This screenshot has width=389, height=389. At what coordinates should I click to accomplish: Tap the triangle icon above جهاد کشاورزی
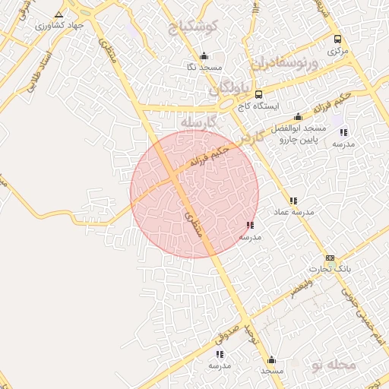tap(59, 14)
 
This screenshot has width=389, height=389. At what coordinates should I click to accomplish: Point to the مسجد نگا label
tap(204, 67)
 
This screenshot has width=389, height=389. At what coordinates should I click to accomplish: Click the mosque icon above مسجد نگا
tap(204, 55)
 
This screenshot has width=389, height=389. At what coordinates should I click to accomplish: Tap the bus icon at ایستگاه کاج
tap(259, 95)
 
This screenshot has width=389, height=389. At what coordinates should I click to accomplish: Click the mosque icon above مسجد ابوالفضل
tap(298, 116)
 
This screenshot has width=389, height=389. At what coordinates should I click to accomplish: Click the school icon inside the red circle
tap(250, 225)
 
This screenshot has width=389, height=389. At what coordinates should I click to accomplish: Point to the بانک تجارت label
tap(330, 269)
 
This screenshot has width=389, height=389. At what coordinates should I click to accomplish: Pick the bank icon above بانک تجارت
tap(330, 258)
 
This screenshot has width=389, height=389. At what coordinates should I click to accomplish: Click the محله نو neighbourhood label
tap(333, 365)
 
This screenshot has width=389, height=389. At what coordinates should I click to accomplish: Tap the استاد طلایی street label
tap(37, 68)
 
